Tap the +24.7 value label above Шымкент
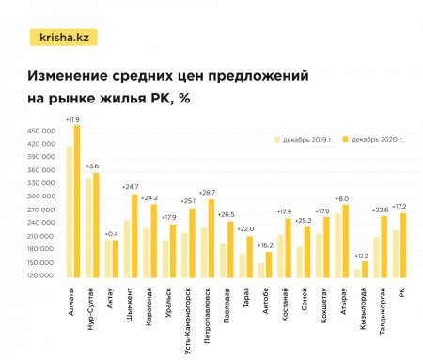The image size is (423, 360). (x=130, y=187)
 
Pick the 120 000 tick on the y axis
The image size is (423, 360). (x=41, y=275)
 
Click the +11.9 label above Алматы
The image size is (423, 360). (x=73, y=119)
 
